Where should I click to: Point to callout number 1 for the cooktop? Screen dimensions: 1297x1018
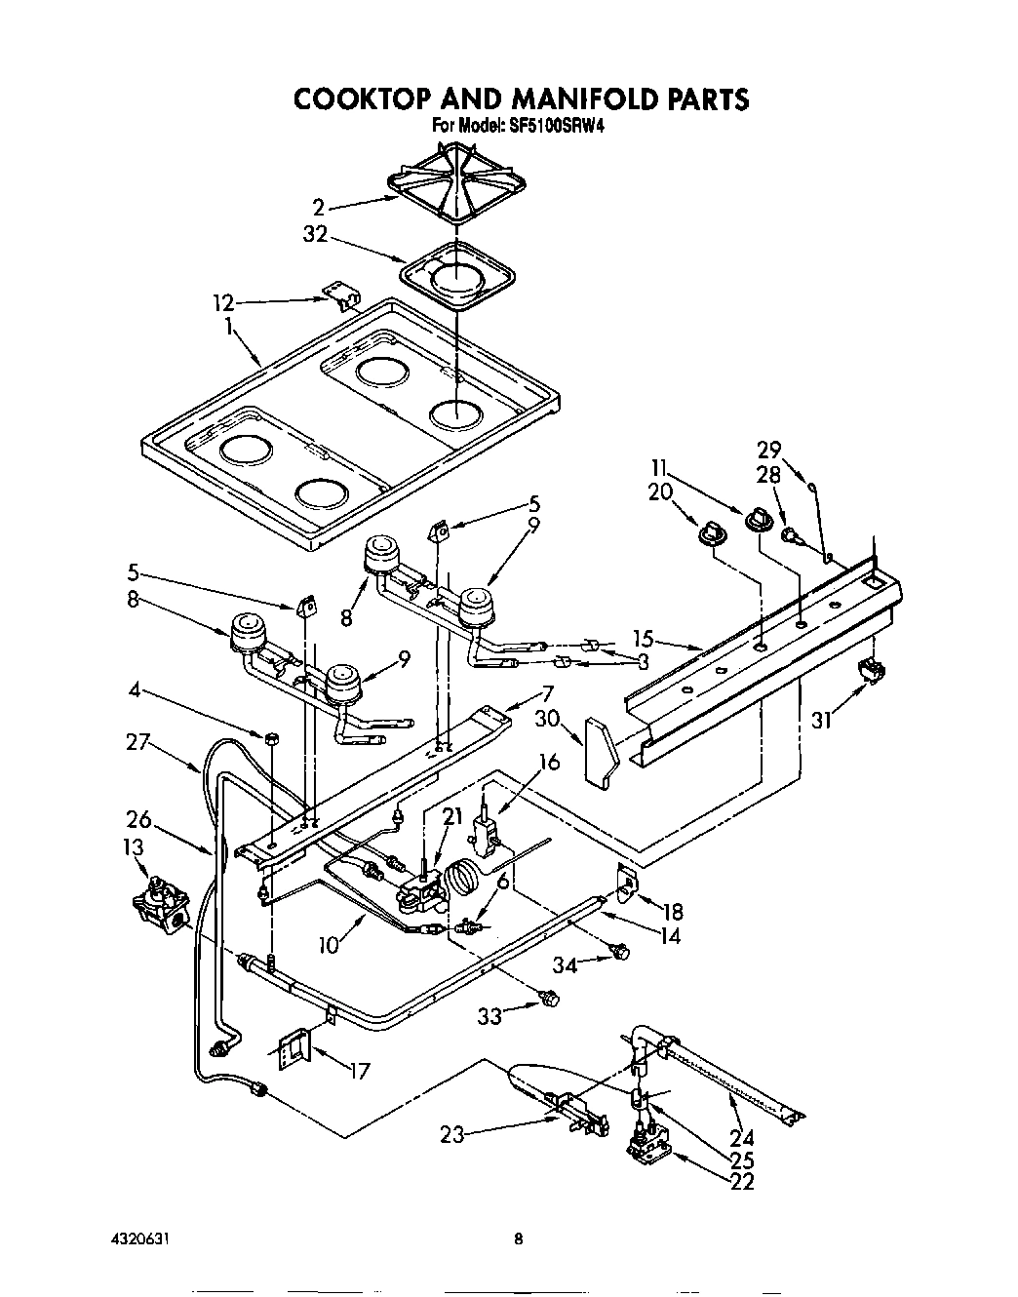coord(230,328)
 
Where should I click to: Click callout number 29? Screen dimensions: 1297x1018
coord(769,450)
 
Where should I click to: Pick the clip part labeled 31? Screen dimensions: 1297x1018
coord(871,670)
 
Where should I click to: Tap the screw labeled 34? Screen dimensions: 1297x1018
coord(616,950)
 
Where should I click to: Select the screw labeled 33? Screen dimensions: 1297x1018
coord(549,998)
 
